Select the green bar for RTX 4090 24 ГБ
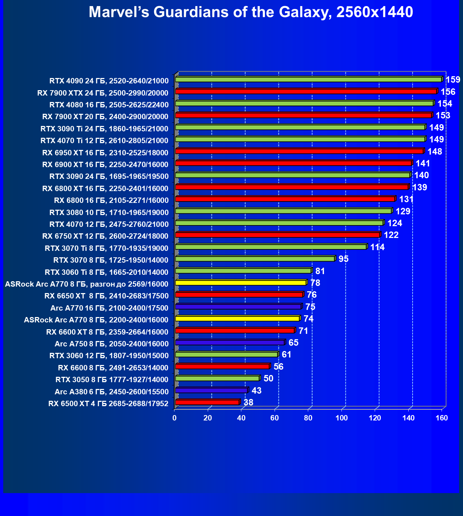tap(309, 79)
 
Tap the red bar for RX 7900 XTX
tap(306, 92)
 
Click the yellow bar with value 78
tap(241, 283)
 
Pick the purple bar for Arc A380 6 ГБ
tap(211, 390)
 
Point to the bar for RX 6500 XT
tap(207, 402)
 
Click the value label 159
tap(453, 79)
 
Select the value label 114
tap(377, 247)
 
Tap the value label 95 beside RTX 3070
tap(343, 259)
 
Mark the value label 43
tap(256, 390)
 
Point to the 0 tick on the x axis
tap(174, 418)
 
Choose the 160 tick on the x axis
tap(442, 418)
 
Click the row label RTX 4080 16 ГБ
tap(109, 105)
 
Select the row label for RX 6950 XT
tap(105, 153)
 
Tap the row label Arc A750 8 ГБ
tap(112, 344)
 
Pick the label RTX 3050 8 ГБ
tap(112, 380)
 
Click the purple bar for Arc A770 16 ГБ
tap(238, 307)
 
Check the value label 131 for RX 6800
tap(406, 199)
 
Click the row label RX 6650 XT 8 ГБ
tap(106, 296)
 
